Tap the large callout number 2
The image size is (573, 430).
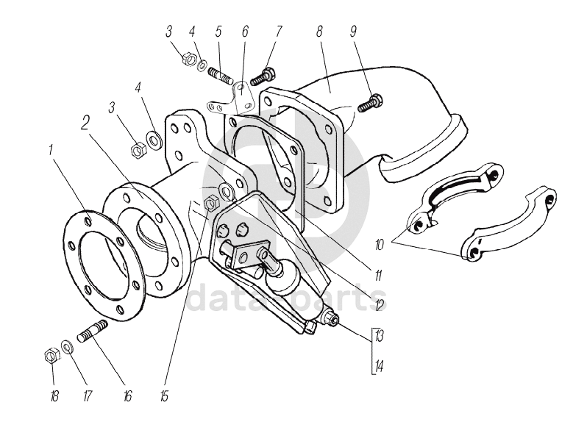tap(85, 123)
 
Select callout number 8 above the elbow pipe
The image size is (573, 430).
tap(319, 32)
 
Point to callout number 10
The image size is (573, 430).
tap(380, 244)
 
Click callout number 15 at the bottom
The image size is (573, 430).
tap(165, 395)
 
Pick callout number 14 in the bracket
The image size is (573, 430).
tap(379, 365)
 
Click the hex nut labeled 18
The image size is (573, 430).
tap(51, 355)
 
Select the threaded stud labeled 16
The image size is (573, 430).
tap(93, 331)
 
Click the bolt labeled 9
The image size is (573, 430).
tap(370, 102)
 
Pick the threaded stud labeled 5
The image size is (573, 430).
tap(221, 75)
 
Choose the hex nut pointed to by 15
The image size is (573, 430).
tap(212, 203)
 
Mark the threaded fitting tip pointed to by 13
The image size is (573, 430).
tap(332, 320)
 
